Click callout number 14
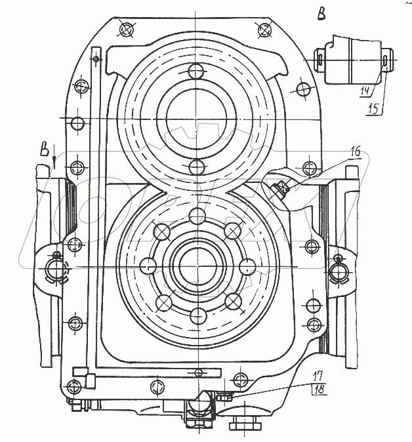[x=365, y=90]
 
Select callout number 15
[x=374, y=109]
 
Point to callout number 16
[x=356, y=152]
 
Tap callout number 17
[x=318, y=376]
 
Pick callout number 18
[x=319, y=390]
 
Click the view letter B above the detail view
[x=321, y=14]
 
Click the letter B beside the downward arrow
[x=44, y=150]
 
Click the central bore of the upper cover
[x=196, y=119]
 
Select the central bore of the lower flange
[x=198, y=266]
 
